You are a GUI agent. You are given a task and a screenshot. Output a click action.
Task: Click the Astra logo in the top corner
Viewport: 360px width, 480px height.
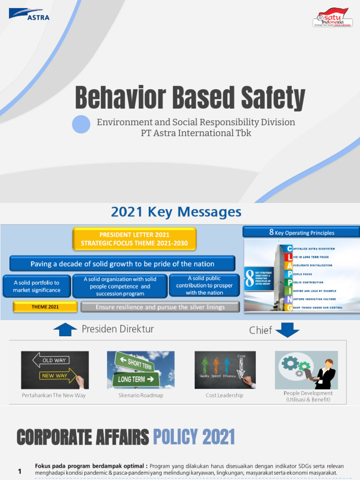pyautogui.click(x=29, y=14)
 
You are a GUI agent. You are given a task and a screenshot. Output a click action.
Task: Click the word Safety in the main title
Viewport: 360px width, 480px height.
pyautogui.click(x=273, y=98)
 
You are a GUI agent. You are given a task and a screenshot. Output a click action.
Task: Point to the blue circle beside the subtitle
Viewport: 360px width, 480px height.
pyautogui.click(x=81, y=124)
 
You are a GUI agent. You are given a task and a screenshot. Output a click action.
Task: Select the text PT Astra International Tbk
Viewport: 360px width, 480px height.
pyautogui.click(x=196, y=133)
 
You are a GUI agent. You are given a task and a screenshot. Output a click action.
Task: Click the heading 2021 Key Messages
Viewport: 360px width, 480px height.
pyautogui.click(x=176, y=212)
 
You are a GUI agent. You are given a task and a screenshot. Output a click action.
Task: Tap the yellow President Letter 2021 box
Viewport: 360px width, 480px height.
pyautogui.click(x=134, y=239)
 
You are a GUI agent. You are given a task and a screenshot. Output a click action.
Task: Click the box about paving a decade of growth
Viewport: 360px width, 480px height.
pyautogui.click(x=122, y=263)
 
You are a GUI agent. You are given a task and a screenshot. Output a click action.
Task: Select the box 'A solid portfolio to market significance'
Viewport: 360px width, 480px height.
pyautogui.click(x=37, y=286)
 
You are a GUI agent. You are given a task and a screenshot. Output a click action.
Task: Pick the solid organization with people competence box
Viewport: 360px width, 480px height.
pyautogui.click(x=120, y=286)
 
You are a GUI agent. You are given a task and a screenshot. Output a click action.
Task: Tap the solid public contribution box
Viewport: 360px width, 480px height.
pyautogui.click(x=204, y=285)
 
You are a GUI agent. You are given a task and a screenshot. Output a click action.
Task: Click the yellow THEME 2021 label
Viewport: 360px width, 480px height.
pyautogui.click(x=45, y=307)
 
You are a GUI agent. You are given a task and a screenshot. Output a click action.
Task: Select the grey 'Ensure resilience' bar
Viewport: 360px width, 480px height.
pyautogui.click(x=160, y=307)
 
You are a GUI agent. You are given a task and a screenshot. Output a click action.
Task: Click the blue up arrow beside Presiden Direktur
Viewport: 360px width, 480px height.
pyautogui.click(x=65, y=330)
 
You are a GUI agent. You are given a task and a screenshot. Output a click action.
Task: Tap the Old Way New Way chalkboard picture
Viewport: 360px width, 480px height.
pyautogui.click(x=55, y=370)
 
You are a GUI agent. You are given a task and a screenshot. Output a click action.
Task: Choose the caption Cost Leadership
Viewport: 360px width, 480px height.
pyautogui.click(x=225, y=395)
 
